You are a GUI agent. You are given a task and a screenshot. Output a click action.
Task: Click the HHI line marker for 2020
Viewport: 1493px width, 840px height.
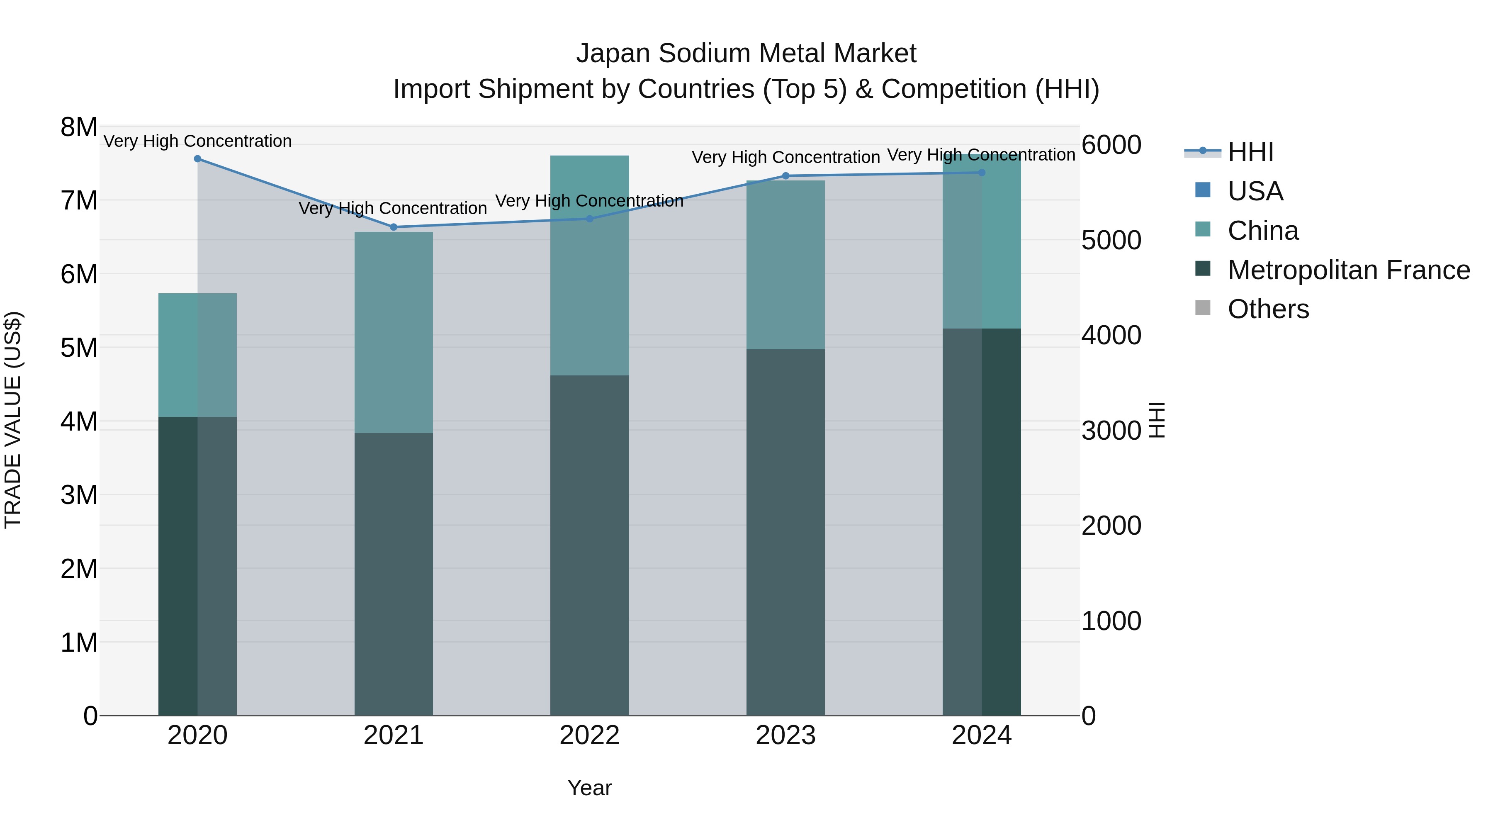click(198, 158)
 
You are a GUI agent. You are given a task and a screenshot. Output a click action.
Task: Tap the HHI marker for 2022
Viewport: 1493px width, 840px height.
click(589, 219)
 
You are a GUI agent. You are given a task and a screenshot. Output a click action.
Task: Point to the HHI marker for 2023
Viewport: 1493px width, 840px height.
click(786, 175)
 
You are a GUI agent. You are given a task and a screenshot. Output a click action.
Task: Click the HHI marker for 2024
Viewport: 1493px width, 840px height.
click(982, 172)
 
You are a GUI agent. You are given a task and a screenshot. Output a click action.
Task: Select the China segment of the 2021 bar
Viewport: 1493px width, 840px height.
click(394, 332)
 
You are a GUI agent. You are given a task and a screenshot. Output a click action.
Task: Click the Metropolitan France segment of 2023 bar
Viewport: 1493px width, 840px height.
click(785, 532)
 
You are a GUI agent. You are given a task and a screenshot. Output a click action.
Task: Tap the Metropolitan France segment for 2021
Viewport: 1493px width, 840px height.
click(394, 574)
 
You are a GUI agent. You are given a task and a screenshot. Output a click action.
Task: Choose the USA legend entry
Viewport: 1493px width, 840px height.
click(1255, 191)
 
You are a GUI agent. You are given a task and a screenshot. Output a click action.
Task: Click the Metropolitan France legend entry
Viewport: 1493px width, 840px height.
click(1348, 270)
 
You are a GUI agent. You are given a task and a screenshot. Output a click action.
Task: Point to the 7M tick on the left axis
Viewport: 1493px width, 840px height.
click(79, 201)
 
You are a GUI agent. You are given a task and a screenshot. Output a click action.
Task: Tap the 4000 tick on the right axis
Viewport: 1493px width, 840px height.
click(1111, 335)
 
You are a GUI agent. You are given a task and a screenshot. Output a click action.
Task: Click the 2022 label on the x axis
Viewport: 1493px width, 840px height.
click(589, 735)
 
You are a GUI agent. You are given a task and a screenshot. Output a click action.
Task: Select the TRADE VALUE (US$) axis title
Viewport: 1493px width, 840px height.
click(13, 420)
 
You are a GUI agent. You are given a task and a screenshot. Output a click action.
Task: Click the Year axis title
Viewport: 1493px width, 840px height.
click(589, 788)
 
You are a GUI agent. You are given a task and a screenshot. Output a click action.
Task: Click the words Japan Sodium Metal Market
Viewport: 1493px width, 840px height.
click(746, 54)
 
